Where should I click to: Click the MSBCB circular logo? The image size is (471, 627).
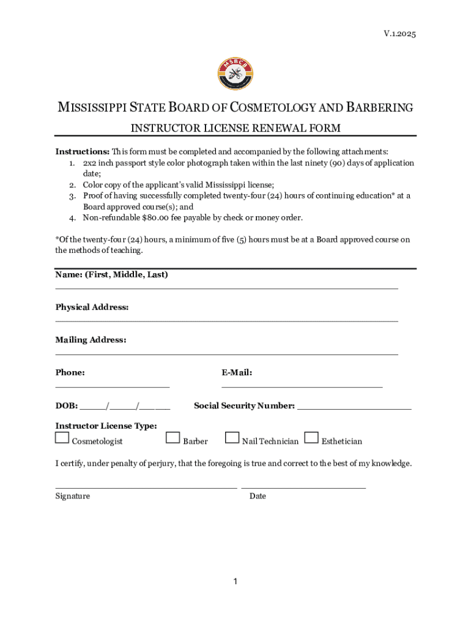235,74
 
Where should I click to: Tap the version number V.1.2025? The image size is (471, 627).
399,34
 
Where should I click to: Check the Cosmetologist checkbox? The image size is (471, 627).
62,438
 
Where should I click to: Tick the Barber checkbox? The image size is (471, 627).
173,438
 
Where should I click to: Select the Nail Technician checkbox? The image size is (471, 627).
232,438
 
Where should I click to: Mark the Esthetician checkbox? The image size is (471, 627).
311,438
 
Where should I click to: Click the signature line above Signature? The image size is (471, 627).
146,487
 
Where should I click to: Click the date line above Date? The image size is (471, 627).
303,487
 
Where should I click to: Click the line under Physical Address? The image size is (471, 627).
226,321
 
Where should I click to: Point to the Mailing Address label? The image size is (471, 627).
91,340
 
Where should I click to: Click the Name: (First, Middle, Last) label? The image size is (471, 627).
111,275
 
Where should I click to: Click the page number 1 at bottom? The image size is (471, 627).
235,581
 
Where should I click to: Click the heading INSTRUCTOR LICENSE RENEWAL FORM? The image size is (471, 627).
236,128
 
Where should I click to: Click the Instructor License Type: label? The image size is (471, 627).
106,426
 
